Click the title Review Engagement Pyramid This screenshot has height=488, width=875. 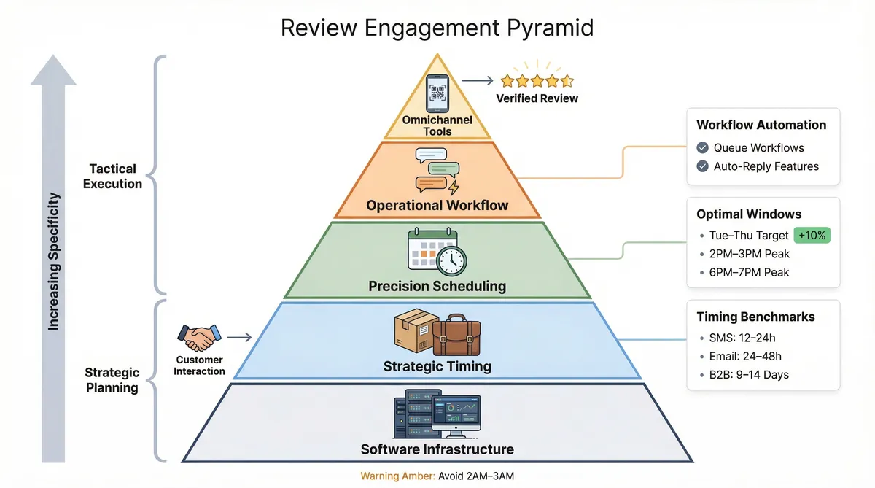[x=437, y=28]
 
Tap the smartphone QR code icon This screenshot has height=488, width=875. [x=437, y=93]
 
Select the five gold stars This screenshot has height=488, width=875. [x=537, y=81]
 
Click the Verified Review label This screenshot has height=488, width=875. [x=537, y=98]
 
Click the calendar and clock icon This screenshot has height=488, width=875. [x=437, y=252]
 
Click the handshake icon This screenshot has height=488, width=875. [x=199, y=337]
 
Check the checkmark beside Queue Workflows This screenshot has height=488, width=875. [x=703, y=147]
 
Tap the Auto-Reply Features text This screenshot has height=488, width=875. [x=766, y=166]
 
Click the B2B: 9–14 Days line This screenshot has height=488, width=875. [x=750, y=375]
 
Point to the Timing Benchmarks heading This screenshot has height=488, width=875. [x=755, y=317]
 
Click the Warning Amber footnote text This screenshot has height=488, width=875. [x=437, y=476]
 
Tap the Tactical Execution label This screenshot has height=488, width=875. [x=112, y=177]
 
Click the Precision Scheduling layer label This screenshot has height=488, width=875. [x=437, y=286]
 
